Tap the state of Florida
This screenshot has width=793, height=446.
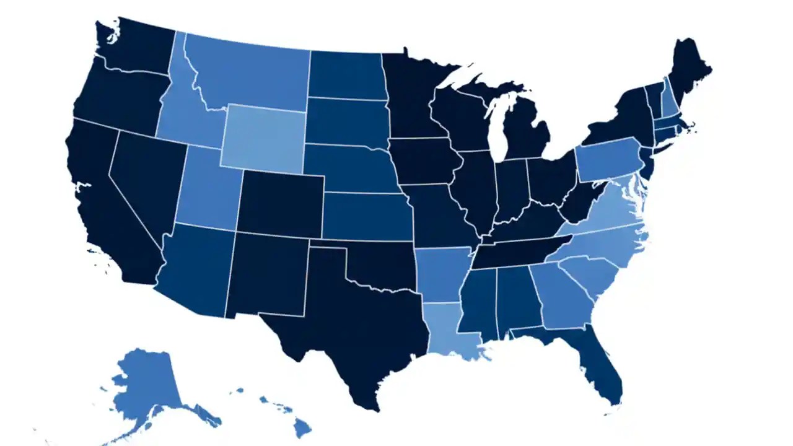[x=600, y=366]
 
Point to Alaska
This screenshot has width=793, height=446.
[x=146, y=384]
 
